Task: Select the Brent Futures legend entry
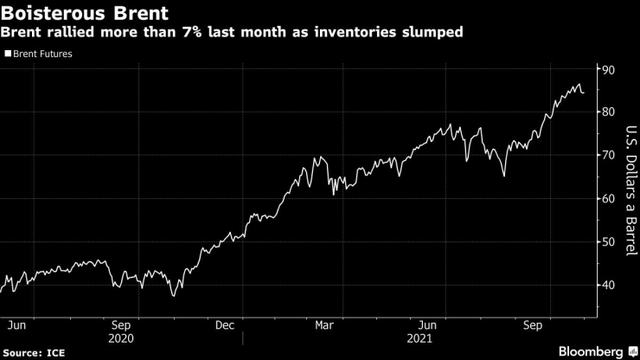click(42, 54)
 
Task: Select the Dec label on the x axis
click(225, 325)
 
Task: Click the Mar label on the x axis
click(324, 325)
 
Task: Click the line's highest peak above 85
click(578, 84)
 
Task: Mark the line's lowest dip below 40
click(174, 296)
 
